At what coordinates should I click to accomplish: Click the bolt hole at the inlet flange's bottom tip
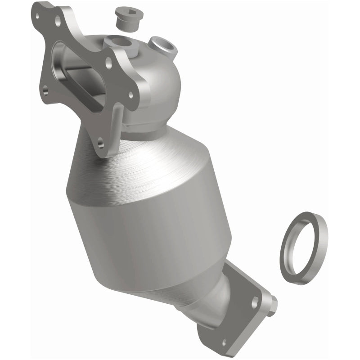point(100,144)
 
